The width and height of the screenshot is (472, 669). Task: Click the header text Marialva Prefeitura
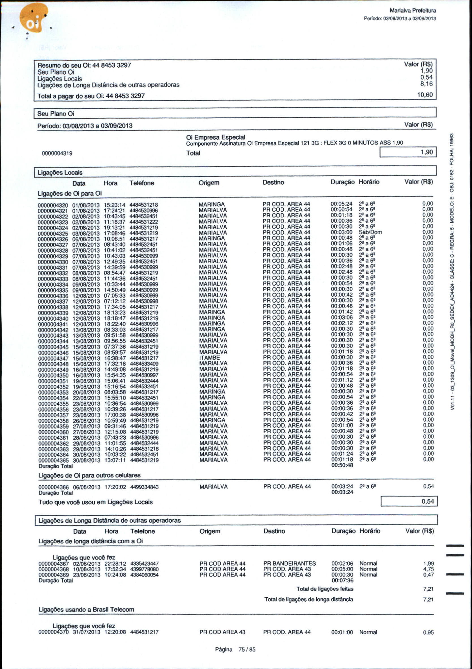click(413, 11)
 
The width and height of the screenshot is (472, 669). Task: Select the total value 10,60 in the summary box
click(425, 95)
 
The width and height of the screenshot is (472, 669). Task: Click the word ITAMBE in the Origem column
click(209, 357)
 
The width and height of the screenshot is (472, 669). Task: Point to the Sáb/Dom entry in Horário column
click(370, 232)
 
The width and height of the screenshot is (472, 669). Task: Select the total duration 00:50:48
click(342, 465)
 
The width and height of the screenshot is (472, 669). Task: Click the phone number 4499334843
click(144, 487)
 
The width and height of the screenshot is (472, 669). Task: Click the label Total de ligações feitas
click(325, 589)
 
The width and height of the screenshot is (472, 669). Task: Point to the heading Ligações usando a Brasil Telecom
click(86, 609)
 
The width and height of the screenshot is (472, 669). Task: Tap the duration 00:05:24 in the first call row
click(342, 204)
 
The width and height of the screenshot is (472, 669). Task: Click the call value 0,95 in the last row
click(428, 632)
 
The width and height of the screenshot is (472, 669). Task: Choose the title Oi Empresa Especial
click(216, 137)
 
